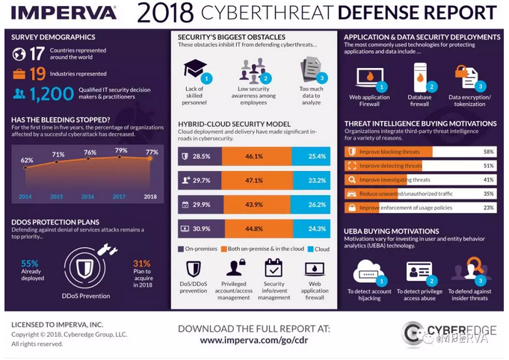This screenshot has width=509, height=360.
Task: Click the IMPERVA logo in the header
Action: point(64,13)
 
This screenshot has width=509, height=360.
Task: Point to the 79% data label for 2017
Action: point(119,152)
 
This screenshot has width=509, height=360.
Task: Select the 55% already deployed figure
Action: point(30,264)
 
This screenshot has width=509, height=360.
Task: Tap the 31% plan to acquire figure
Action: point(141,264)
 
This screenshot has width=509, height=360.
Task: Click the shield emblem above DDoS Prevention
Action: point(83,263)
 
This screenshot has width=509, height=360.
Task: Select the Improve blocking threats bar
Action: point(389,151)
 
